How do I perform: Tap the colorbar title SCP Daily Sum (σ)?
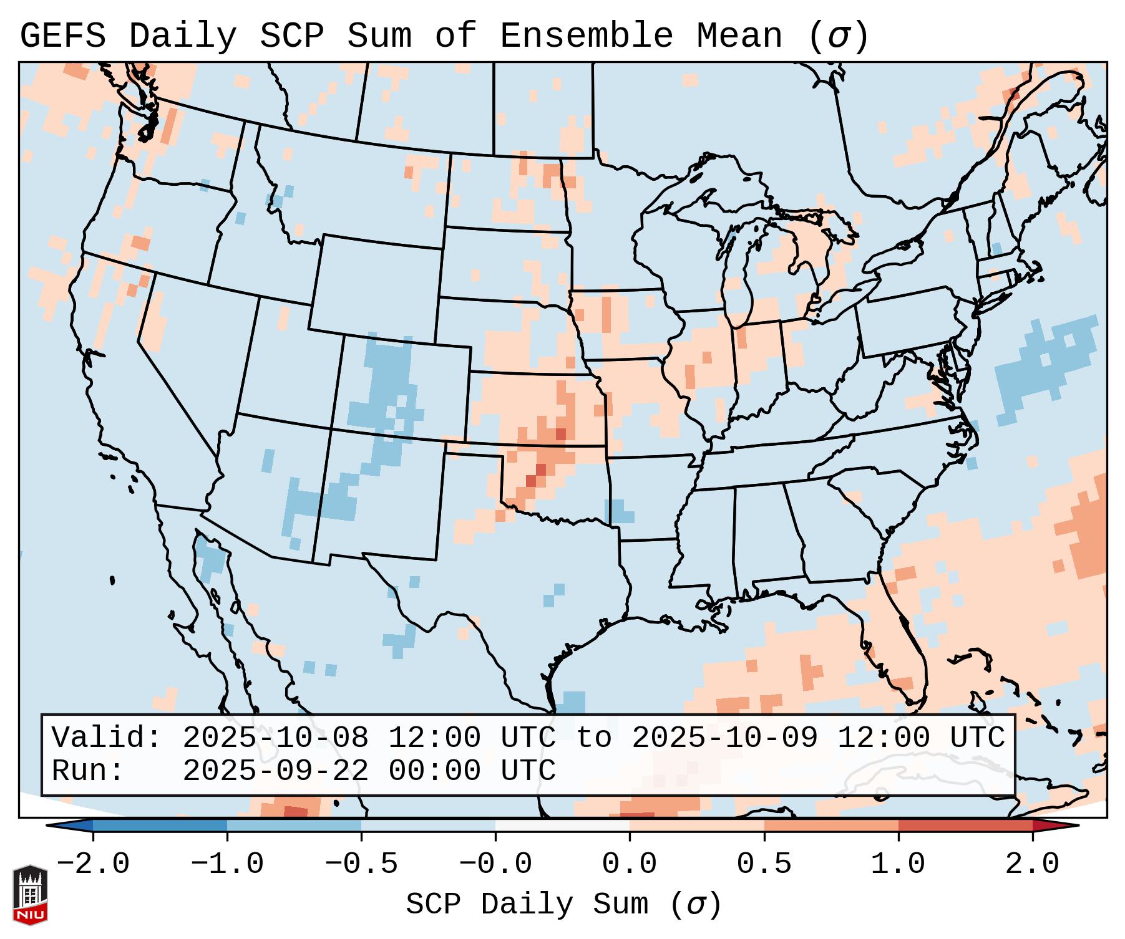point(563,904)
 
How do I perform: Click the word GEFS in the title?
point(62,36)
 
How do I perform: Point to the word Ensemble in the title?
point(587,36)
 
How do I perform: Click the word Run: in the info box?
point(88,771)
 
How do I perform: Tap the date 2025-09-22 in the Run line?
point(275,771)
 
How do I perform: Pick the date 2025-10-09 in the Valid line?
point(724,738)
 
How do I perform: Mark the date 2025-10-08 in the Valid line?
point(275,738)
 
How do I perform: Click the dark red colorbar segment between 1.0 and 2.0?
point(965,826)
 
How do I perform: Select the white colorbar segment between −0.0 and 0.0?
point(562,826)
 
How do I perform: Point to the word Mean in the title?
point(739,36)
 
